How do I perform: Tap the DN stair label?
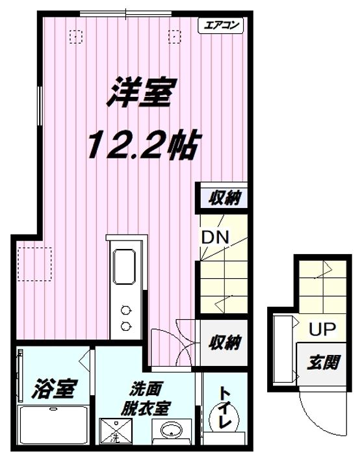pyautogui.click(x=215, y=237)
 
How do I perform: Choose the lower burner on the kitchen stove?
pyautogui.click(x=125, y=325)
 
